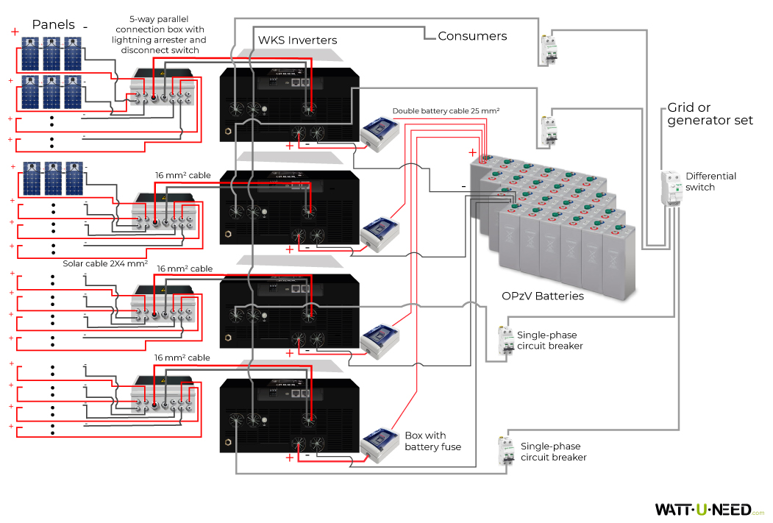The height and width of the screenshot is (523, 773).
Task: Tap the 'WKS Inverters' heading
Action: tap(297, 40)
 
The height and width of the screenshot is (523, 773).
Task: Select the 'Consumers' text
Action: tap(472, 35)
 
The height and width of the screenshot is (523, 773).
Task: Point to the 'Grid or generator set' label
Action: tap(710, 114)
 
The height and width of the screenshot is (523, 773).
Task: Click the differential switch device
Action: tap(671, 188)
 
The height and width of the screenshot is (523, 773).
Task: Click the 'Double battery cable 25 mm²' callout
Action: tap(446, 111)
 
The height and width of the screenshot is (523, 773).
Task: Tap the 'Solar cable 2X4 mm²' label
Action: tap(105, 263)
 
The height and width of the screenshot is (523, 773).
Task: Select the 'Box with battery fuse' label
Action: tap(432, 441)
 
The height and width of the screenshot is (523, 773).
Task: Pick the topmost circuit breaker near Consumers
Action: tap(548, 51)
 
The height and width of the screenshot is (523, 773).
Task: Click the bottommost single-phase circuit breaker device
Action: tap(506, 450)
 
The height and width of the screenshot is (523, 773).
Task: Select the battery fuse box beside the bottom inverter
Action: tap(381, 445)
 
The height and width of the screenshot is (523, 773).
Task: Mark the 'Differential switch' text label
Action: tap(710, 182)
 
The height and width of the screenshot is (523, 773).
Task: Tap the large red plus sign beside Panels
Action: tap(15, 32)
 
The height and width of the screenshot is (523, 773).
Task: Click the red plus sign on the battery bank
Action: tap(471, 152)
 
